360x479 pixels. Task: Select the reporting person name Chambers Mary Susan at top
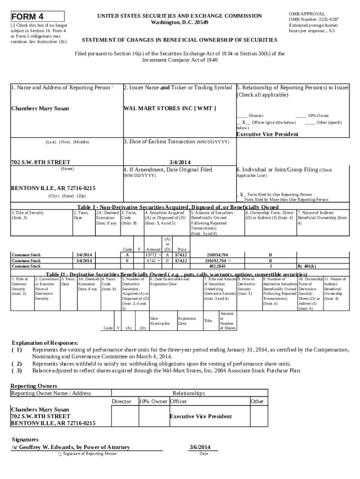click(40, 109)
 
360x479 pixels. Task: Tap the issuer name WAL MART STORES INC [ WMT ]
click(169, 109)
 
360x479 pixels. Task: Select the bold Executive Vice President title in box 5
click(267, 134)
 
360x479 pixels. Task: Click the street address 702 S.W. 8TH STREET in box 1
click(40, 162)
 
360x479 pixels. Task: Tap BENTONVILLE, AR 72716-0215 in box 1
click(53, 188)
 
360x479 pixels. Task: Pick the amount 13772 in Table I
click(151, 255)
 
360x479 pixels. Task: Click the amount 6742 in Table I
click(151, 261)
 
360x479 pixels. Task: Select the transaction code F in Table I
click(127, 261)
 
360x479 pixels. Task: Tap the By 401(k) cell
click(307, 266)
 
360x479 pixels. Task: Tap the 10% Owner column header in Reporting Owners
click(153, 401)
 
